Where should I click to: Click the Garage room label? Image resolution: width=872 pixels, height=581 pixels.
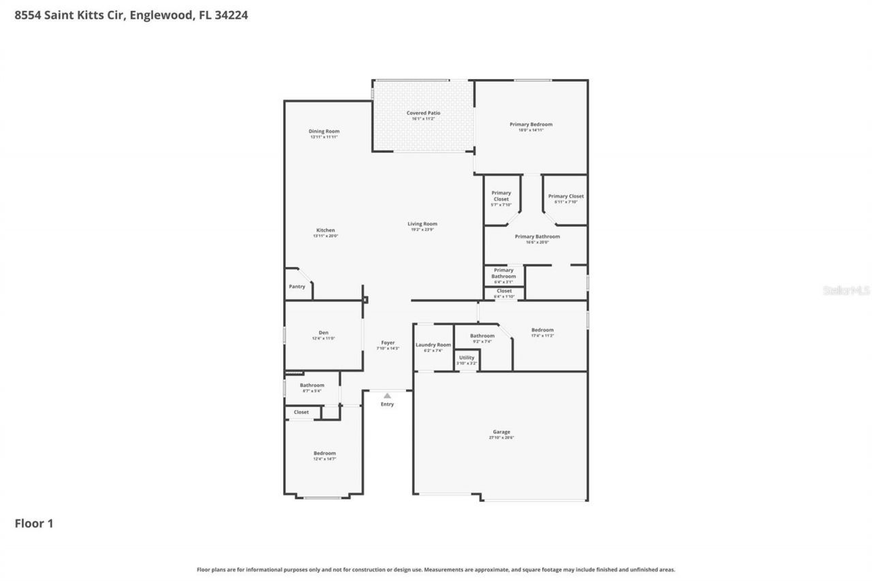pos(501,432)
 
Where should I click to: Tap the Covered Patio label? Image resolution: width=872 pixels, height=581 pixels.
pos(423,113)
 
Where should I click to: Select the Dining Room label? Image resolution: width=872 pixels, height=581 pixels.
pos(324,131)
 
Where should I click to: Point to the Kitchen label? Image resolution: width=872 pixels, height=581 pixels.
pos(325,230)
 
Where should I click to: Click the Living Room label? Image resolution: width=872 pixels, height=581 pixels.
pos(422,224)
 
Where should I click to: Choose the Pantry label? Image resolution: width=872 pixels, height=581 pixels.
pos(297,287)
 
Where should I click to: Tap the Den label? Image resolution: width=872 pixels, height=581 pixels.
pos(324,333)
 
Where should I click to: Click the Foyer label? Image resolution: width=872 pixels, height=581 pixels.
pos(388,343)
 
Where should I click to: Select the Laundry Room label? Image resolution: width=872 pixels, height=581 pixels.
pos(433,345)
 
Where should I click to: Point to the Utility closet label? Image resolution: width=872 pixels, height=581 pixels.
pos(467,358)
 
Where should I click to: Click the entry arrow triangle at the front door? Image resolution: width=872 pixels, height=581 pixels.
pos(387,395)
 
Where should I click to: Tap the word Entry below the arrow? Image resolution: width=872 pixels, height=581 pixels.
pos(387,405)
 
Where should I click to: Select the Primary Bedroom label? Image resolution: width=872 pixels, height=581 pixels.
pos(531,125)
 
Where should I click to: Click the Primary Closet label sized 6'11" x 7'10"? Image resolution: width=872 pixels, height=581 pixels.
pos(566,196)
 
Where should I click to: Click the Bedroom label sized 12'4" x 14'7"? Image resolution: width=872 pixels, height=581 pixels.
pos(324,454)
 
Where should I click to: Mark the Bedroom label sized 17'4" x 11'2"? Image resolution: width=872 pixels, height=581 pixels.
pos(542,330)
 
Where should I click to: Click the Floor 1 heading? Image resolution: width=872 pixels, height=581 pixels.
pos(34,523)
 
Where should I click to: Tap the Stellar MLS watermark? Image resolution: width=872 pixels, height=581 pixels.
pos(846,290)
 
